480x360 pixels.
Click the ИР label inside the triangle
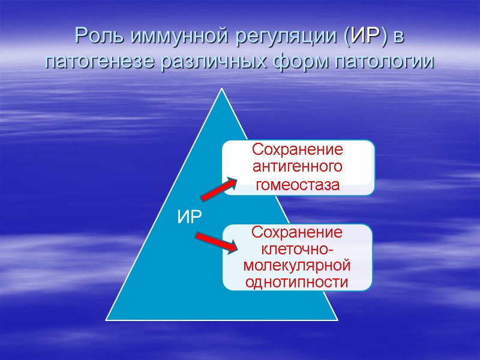pos(189,217)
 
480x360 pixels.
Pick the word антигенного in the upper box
pos(298,166)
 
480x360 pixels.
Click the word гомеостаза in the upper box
pos(298,185)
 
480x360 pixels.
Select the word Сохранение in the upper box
pos(298,149)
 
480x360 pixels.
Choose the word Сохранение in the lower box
pos(298,233)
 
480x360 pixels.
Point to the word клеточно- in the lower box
pos(298,248)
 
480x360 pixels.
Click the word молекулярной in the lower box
pos(298,265)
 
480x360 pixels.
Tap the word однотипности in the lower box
pos(298,281)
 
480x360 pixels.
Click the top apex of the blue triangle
pos(222,89)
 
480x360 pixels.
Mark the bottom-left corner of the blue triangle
pos(107,319)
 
